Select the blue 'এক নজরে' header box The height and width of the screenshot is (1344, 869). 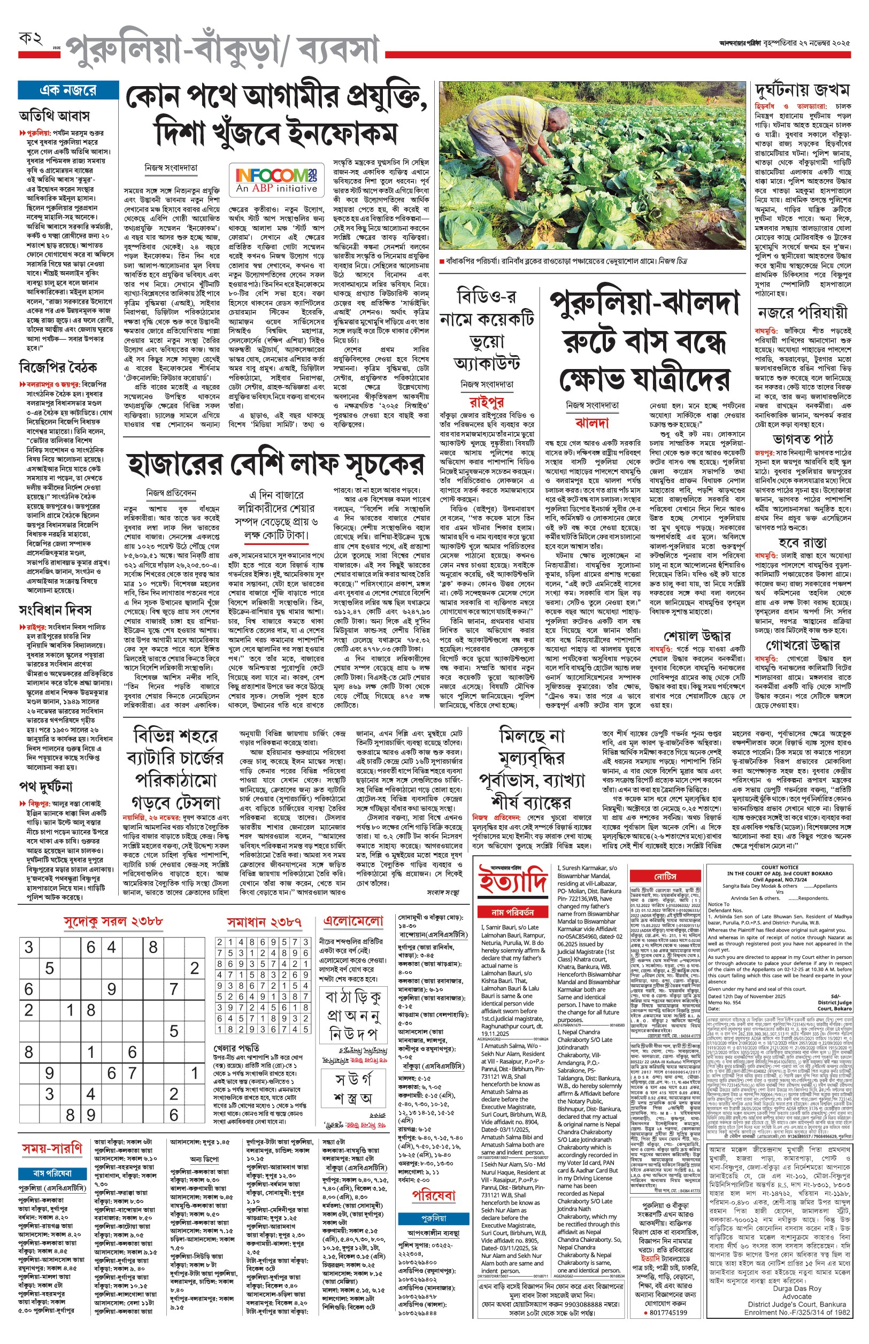coord(68,90)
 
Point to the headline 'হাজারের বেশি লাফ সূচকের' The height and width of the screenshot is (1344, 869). coord(275,464)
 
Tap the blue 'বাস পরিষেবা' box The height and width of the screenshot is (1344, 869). coord(52,1173)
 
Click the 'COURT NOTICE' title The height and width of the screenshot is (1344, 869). coord(779,868)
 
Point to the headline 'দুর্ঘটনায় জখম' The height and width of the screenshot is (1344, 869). coord(802,90)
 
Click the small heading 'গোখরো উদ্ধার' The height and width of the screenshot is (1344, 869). coord(802,645)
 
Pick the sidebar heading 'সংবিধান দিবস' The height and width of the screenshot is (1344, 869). coord(55,611)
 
